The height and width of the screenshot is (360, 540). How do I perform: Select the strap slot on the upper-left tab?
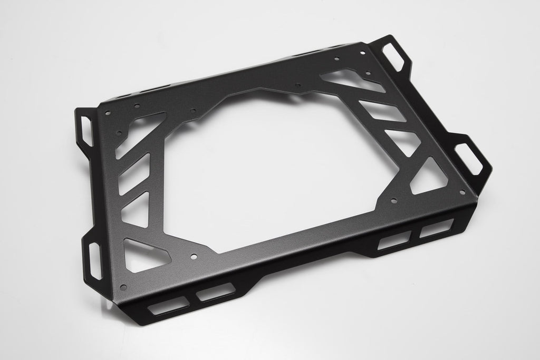tap(85, 127)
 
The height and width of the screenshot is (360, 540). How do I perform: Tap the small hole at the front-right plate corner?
tap(462, 192)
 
